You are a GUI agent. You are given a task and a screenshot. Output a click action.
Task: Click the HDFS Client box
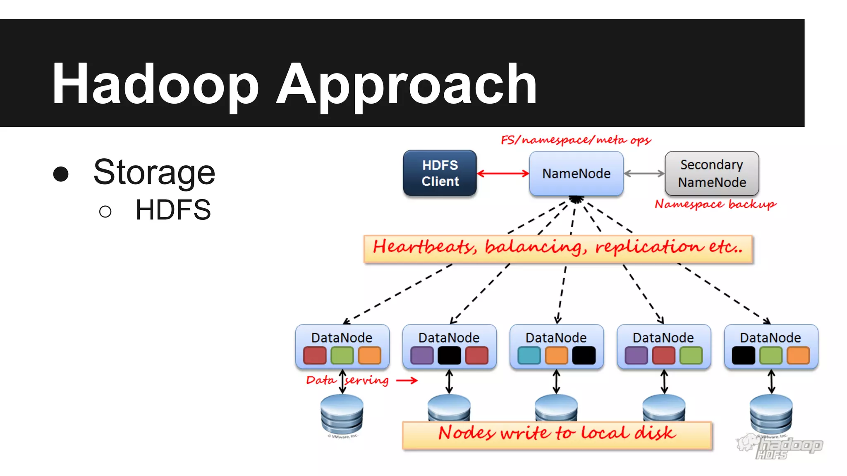(440, 173)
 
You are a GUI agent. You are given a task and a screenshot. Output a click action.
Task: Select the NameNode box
(576, 173)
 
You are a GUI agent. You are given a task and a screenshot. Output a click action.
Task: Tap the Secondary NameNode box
(712, 173)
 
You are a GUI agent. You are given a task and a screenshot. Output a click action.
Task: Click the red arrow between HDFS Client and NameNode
(503, 174)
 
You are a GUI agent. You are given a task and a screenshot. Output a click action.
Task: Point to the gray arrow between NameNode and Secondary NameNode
(644, 174)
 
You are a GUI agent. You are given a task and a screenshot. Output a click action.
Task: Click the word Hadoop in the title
(155, 83)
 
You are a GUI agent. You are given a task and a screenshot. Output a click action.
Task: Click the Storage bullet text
(154, 172)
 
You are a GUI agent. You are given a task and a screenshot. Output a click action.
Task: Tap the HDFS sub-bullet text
(173, 210)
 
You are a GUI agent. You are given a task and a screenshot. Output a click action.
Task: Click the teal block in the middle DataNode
(529, 355)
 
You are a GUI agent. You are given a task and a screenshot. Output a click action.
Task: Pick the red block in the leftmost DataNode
(315, 355)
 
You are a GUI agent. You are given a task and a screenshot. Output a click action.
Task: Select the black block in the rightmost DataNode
(743, 355)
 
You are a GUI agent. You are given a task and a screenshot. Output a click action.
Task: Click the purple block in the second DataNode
(422, 355)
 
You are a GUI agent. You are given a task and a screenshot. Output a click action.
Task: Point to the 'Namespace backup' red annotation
(715, 204)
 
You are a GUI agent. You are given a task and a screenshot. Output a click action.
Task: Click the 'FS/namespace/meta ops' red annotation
(576, 140)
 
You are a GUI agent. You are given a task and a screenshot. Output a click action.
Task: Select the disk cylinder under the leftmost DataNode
(342, 414)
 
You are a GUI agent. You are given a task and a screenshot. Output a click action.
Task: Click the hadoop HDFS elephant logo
(780, 447)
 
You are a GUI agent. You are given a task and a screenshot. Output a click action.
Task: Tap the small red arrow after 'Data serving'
(407, 380)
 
